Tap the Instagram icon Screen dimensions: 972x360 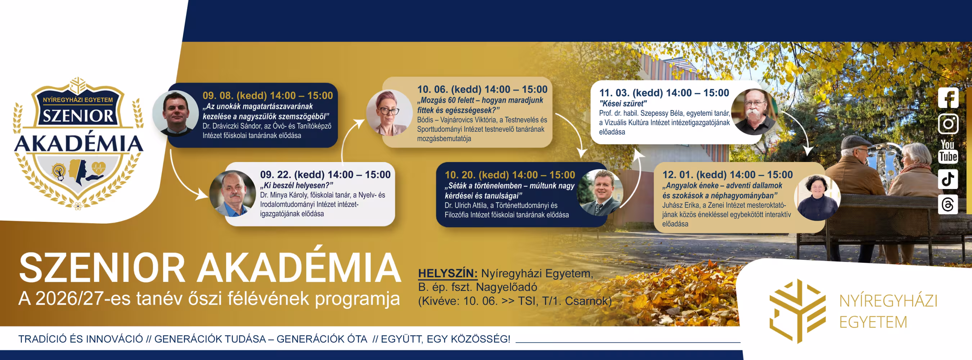click(948, 124)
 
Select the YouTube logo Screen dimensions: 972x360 click(948, 151)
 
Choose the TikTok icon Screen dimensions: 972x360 click(948, 179)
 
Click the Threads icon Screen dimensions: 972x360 click(948, 204)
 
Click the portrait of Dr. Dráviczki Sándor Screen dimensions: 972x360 click(176, 113)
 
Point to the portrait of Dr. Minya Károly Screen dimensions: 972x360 click(233, 194)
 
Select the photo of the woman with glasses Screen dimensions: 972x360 click(390, 112)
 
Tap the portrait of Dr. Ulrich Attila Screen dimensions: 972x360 click(600, 193)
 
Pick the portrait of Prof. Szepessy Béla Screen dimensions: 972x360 click(755, 112)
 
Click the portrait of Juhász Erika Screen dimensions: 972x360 click(817, 197)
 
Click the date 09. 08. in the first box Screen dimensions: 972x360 click(218, 95)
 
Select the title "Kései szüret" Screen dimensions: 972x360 click(623, 103)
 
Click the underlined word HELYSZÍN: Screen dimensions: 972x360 click(447, 273)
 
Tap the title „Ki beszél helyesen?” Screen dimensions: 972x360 click(297, 185)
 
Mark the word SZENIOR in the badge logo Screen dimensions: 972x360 click(78, 116)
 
